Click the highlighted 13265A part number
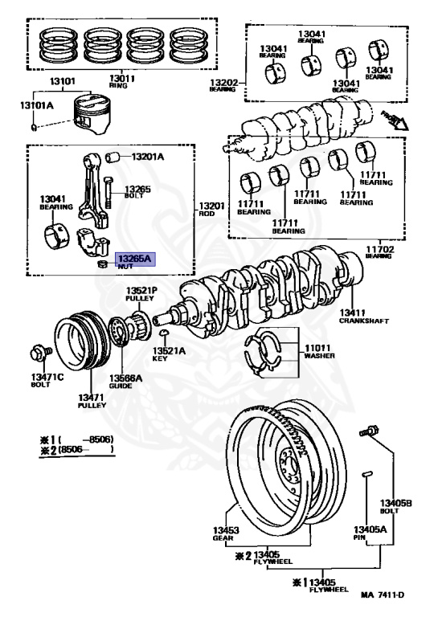click(135, 259)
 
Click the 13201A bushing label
click(147, 157)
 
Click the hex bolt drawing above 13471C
click(38, 352)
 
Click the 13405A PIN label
click(370, 534)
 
